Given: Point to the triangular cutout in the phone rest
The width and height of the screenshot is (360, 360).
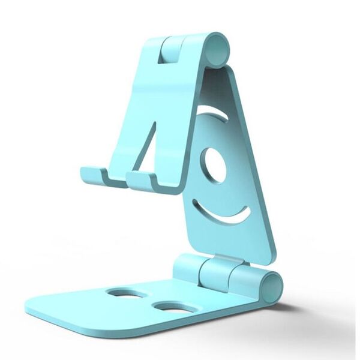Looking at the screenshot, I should coord(146,144).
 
